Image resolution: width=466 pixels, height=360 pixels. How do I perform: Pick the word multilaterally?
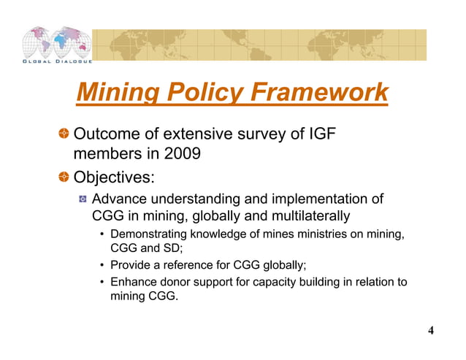tap(305, 215)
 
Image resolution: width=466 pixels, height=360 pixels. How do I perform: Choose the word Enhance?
tap(131, 283)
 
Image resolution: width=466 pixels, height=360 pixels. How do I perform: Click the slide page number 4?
tap(431, 331)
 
